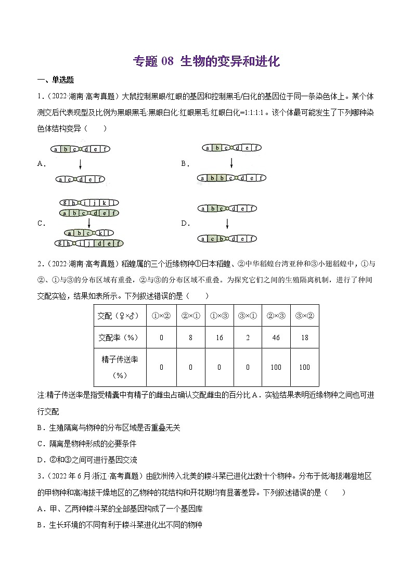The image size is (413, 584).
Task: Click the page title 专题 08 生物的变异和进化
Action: coord(206,61)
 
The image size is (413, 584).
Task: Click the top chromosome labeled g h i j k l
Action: coord(89,203)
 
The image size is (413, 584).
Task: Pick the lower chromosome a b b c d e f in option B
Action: coord(232,178)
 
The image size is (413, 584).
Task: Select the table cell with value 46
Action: coord(276,338)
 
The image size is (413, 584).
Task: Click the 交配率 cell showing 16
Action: coord(219,338)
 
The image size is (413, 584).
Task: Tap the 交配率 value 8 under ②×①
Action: coord(190,338)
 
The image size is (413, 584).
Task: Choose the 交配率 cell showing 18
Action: coord(304,338)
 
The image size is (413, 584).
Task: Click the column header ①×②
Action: coord(161,316)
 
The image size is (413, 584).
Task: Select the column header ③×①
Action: coord(248,316)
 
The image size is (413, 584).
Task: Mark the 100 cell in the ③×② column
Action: coord(304,367)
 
